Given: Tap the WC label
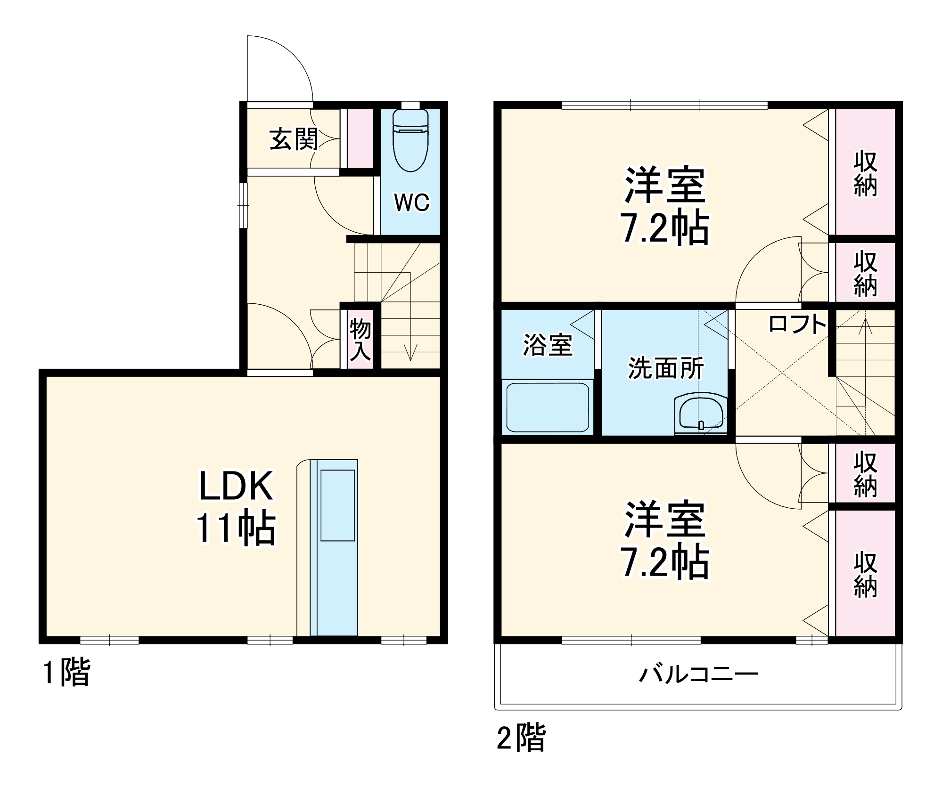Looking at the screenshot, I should click(412, 203).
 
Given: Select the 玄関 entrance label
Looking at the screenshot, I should click(294, 139).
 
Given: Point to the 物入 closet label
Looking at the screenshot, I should click(360, 339).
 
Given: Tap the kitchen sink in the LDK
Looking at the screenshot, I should click(337, 505).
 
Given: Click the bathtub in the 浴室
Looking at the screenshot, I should click(547, 408).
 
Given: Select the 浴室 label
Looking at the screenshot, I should click(548, 345).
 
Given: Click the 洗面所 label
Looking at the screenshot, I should click(666, 368).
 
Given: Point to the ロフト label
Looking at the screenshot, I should click(797, 324).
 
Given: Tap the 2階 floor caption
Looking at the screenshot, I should click(521, 738).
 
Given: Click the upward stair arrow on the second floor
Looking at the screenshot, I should click(865, 325).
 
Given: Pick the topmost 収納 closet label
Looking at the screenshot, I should click(865, 173).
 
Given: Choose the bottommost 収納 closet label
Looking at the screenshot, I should click(865, 575).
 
